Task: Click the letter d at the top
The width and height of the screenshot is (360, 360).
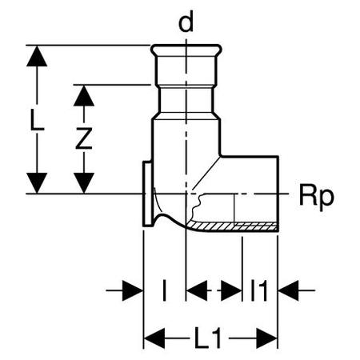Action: click(x=186, y=22)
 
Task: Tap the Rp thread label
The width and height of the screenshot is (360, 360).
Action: click(x=316, y=198)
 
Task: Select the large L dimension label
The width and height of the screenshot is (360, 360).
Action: click(x=37, y=120)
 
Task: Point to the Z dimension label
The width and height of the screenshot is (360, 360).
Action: click(x=84, y=138)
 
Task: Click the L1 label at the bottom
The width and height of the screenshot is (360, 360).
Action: click(x=208, y=338)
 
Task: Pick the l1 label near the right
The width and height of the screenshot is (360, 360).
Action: click(x=259, y=290)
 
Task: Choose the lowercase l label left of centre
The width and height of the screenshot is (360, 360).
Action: click(x=165, y=290)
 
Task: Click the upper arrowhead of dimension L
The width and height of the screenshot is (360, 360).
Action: click(x=37, y=56)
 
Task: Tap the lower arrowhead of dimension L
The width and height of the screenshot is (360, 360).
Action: click(x=37, y=182)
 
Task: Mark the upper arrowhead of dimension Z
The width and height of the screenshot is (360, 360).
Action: click(x=84, y=96)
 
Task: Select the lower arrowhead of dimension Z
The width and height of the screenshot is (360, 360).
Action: click(x=84, y=182)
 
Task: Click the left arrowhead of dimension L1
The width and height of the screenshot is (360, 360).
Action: click(x=154, y=338)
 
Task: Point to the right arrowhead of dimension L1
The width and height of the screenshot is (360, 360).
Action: click(x=267, y=338)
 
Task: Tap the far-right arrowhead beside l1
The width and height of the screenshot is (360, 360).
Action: click(x=288, y=290)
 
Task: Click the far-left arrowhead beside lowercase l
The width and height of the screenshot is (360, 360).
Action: click(x=133, y=290)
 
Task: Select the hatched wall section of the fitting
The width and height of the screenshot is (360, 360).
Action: click(x=232, y=226)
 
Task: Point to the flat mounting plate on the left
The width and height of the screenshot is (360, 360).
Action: click(x=147, y=194)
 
